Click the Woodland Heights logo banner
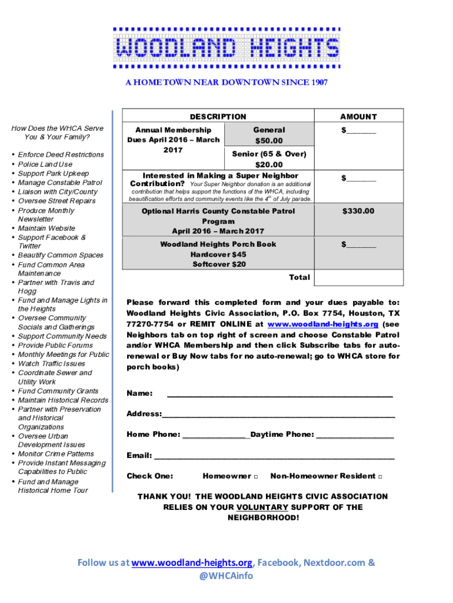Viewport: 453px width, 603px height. click(x=226, y=48)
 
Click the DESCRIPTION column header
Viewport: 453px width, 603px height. click(x=218, y=117)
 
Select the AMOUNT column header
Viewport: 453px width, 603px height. click(x=358, y=117)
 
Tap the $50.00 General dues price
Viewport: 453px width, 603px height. click(x=269, y=141)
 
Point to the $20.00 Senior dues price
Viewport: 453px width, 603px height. click(x=269, y=165)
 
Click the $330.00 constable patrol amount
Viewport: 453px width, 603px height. click(x=358, y=211)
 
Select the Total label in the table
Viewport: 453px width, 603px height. click(x=299, y=277)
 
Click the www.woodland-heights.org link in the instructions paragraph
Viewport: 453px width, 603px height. click(x=322, y=324)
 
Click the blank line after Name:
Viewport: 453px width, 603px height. click(x=280, y=393)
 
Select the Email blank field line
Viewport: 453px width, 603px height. click(x=274, y=456)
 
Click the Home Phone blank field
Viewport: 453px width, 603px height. click(x=216, y=435)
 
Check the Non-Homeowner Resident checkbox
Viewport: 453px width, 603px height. click(x=380, y=476)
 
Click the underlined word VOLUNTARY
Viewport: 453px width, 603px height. click(x=262, y=508)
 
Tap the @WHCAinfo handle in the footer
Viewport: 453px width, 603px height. click(x=226, y=576)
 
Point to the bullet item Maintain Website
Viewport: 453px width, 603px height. click(x=46, y=228)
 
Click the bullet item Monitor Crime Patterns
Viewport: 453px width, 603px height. click(x=56, y=454)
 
